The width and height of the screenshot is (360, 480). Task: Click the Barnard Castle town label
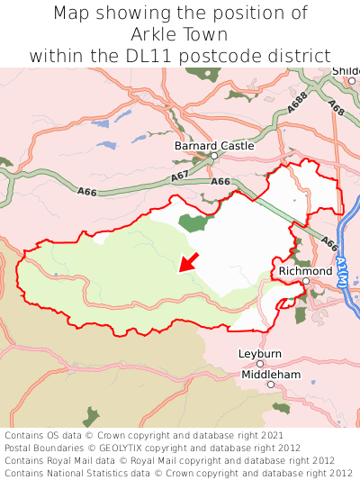(x=214, y=145)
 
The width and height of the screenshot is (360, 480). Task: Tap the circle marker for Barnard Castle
(x=214, y=156)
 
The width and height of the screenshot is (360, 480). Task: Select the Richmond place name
(x=305, y=270)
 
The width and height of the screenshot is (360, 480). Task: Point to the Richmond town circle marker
(x=306, y=281)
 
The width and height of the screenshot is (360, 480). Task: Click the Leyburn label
(x=260, y=354)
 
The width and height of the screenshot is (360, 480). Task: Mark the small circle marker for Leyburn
(x=260, y=364)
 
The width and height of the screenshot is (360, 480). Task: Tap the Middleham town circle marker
(x=270, y=385)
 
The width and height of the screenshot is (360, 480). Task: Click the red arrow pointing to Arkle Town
(x=189, y=261)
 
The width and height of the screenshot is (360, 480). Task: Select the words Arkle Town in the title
(x=180, y=34)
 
